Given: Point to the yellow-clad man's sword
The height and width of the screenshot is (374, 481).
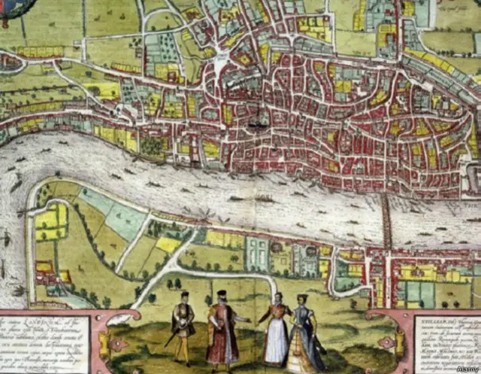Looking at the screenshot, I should point(172,336).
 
